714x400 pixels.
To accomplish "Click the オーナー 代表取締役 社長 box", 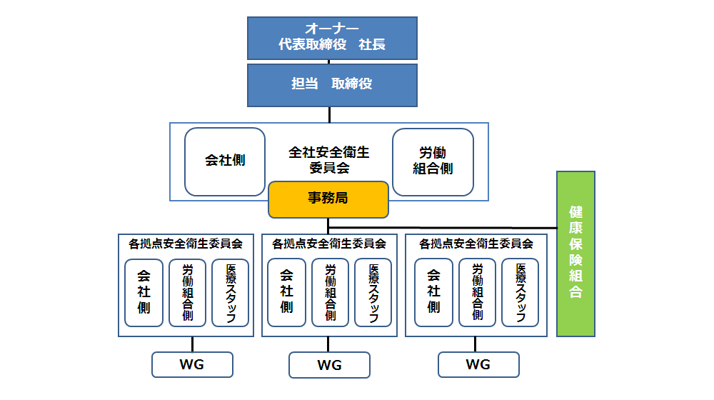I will click(x=332, y=38).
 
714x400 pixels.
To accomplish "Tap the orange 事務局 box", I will click(x=328, y=199).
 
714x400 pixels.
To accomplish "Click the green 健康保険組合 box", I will click(x=575, y=253).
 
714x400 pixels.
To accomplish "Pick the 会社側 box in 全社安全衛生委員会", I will click(x=225, y=161).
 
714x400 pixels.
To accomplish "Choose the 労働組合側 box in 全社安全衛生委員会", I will click(x=433, y=161).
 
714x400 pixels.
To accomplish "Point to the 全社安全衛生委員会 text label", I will click(x=328, y=161).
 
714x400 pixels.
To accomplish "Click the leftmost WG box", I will click(x=192, y=364).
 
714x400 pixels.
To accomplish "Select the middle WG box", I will click(x=329, y=365).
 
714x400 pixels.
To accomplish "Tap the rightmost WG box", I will click(x=478, y=364).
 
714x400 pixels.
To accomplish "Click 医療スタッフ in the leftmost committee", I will click(x=230, y=293).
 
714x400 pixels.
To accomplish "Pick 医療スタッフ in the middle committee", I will click(x=373, y=293).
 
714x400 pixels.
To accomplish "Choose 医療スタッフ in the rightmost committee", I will click(x=520, y=293).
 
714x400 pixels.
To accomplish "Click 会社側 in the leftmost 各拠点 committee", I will click(x=144, y=293).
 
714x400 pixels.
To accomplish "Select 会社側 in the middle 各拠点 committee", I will click(x=286, y=293).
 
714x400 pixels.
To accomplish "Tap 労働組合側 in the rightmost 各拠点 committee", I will click(x=477, y=293).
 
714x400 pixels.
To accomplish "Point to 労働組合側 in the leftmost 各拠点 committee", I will click(x=187, y=293).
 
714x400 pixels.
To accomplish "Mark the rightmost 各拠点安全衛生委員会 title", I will click(x=476, y=244).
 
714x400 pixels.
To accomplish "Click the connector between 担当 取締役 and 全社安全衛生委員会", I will click(x=329, y=114).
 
